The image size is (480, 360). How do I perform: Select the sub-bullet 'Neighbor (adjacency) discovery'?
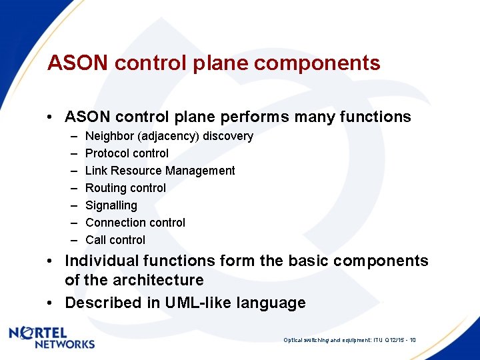[x=169, y=136]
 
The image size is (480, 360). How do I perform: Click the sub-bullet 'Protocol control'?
[x=127, y=153]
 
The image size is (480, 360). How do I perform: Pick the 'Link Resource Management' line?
[x=160, y=171]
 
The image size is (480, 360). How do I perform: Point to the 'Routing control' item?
[x=125, y=188]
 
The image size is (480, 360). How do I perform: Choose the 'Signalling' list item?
[x=111, y=205]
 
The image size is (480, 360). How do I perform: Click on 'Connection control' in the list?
[x=135, y=223]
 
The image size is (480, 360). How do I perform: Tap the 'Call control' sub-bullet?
[x=115, y=240]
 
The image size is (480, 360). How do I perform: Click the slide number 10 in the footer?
[x=413, y=340]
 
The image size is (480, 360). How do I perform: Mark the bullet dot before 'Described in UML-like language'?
[x=51, y=303]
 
